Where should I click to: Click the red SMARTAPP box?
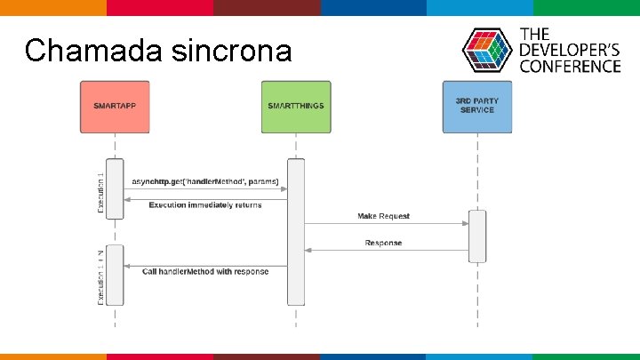115,107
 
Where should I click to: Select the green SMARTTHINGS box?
296,107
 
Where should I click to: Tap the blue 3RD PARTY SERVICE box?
477,107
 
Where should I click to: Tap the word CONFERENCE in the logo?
570,66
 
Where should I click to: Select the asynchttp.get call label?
205,182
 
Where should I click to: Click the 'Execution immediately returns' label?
205,205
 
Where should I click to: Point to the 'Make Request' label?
384,217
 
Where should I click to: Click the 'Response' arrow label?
383,243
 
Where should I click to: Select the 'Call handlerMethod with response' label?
205,271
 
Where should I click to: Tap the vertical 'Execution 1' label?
100,192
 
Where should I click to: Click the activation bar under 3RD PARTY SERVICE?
477,236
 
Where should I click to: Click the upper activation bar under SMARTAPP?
115,188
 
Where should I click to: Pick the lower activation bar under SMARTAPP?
115,275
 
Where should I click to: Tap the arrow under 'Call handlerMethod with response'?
205,266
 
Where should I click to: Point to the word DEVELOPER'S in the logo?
570,50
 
